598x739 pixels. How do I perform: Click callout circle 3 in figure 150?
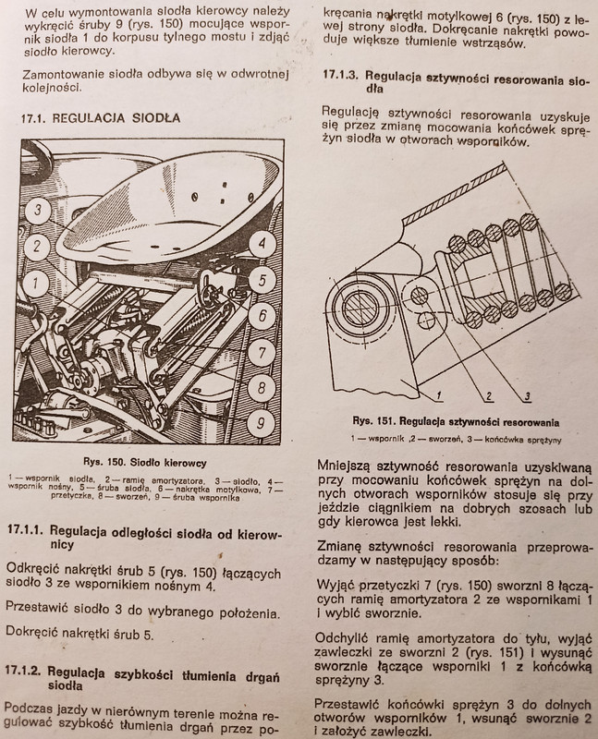(x=36, y=211)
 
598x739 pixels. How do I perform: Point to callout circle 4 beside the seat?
(x=262, y=245)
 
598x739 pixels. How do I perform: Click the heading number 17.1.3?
(x=342, y=75)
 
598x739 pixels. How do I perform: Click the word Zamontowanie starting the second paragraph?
(x=57, y=73)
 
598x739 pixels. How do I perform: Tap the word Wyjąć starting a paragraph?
(x=338, y=586)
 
